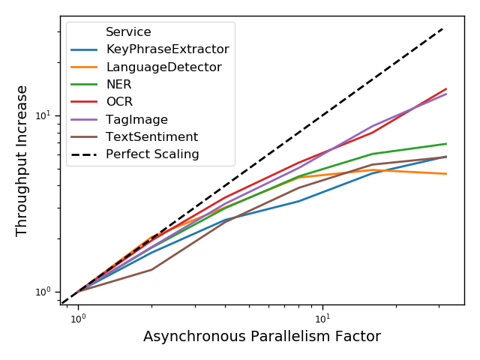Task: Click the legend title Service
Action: pyautogui.click(x=128, y=32)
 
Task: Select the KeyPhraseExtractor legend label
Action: pyautogui.click(x=167, y=49)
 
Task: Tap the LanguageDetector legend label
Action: pyautogui.click(x=163, y=67)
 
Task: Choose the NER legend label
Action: pyautogui.click(x=118, y=85)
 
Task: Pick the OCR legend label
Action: pyautogui.click(x=120, y=102)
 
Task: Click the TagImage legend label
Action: pyautogui.click(x=136, y=120)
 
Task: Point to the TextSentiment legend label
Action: pyautogui.click(x=151, y=137)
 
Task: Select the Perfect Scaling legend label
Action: pyautogui.click(x=152, y=154)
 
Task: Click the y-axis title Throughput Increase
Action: pyautogui.click(x=22, y=160)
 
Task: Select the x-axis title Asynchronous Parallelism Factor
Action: pyautogui.click(x=262, y=337)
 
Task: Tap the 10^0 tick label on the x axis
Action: pyautogui.click(x=77, y=318)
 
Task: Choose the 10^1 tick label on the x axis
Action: pyautogui.click(x=322, y=318)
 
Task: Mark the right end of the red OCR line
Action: pyautogui.click(x=446, y=88)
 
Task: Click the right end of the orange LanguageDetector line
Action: pyautogui.click(x=446, y=174)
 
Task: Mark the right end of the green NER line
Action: pyautogui.click(x=446, y=144)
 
